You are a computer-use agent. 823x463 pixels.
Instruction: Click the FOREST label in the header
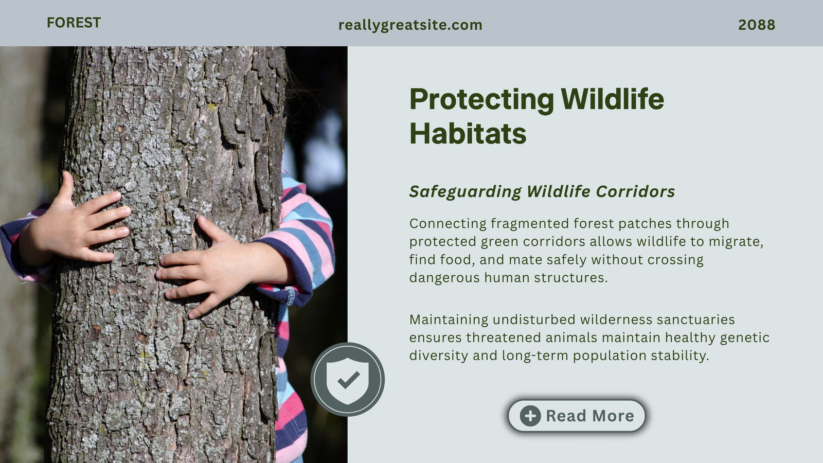[74, 23]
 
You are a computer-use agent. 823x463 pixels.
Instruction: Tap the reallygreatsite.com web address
[410, 25]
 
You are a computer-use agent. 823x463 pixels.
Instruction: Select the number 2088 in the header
[757, 25]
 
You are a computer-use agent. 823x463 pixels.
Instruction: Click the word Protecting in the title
[481, 100]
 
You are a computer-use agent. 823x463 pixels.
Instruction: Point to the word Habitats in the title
[468, 134]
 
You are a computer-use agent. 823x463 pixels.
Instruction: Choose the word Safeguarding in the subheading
[465, 192]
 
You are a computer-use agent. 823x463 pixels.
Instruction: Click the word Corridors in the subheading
[635, 191]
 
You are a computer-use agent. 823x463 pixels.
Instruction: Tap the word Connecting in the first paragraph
[448, 224]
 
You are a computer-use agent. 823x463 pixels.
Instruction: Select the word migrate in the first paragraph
[736, 242]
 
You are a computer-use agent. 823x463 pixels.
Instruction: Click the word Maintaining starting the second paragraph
[449, 320]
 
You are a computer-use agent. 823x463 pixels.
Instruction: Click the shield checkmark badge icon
[348, 379]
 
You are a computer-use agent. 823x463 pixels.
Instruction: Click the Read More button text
[590, 416]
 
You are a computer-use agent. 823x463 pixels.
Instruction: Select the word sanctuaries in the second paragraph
[696, 319]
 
